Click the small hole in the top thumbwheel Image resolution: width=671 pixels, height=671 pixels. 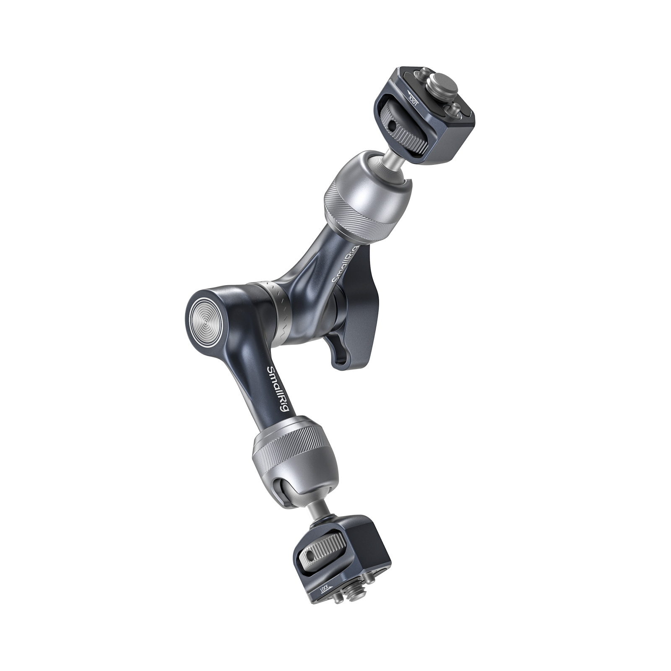(392, 125)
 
